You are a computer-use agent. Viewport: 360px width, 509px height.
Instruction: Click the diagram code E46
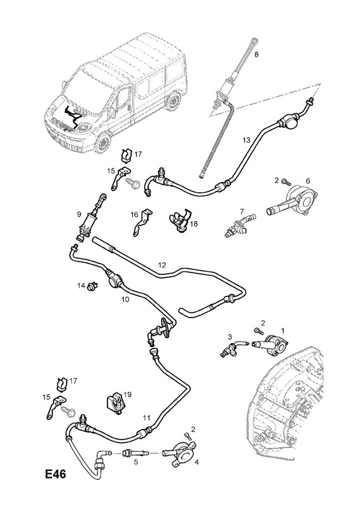pyautogui.click(x=55, y=474)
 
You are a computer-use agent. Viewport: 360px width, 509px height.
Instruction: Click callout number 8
pyautogui.click(x=256, y=55)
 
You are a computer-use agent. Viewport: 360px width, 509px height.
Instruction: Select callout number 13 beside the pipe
pyautogui.click(x=247, y=140)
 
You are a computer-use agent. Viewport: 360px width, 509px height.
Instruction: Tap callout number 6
pyautogui.click(x=308, y=181)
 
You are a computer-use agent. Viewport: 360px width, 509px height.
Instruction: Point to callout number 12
pyautogui.click(x=162, y=265)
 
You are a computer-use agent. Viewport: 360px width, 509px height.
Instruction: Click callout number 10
pyautogui.click(x=125, y=299)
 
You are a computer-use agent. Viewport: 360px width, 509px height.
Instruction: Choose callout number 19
pyautogui.click(x=127, y=394)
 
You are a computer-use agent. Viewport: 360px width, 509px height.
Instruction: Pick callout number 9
pyautogui.click(x=79, y=214)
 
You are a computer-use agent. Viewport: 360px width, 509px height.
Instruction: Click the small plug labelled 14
pyautogui.click(x=92, y=286)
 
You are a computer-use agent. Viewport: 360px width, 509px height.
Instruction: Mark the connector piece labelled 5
pyautogui.click(x=135, y=454)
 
